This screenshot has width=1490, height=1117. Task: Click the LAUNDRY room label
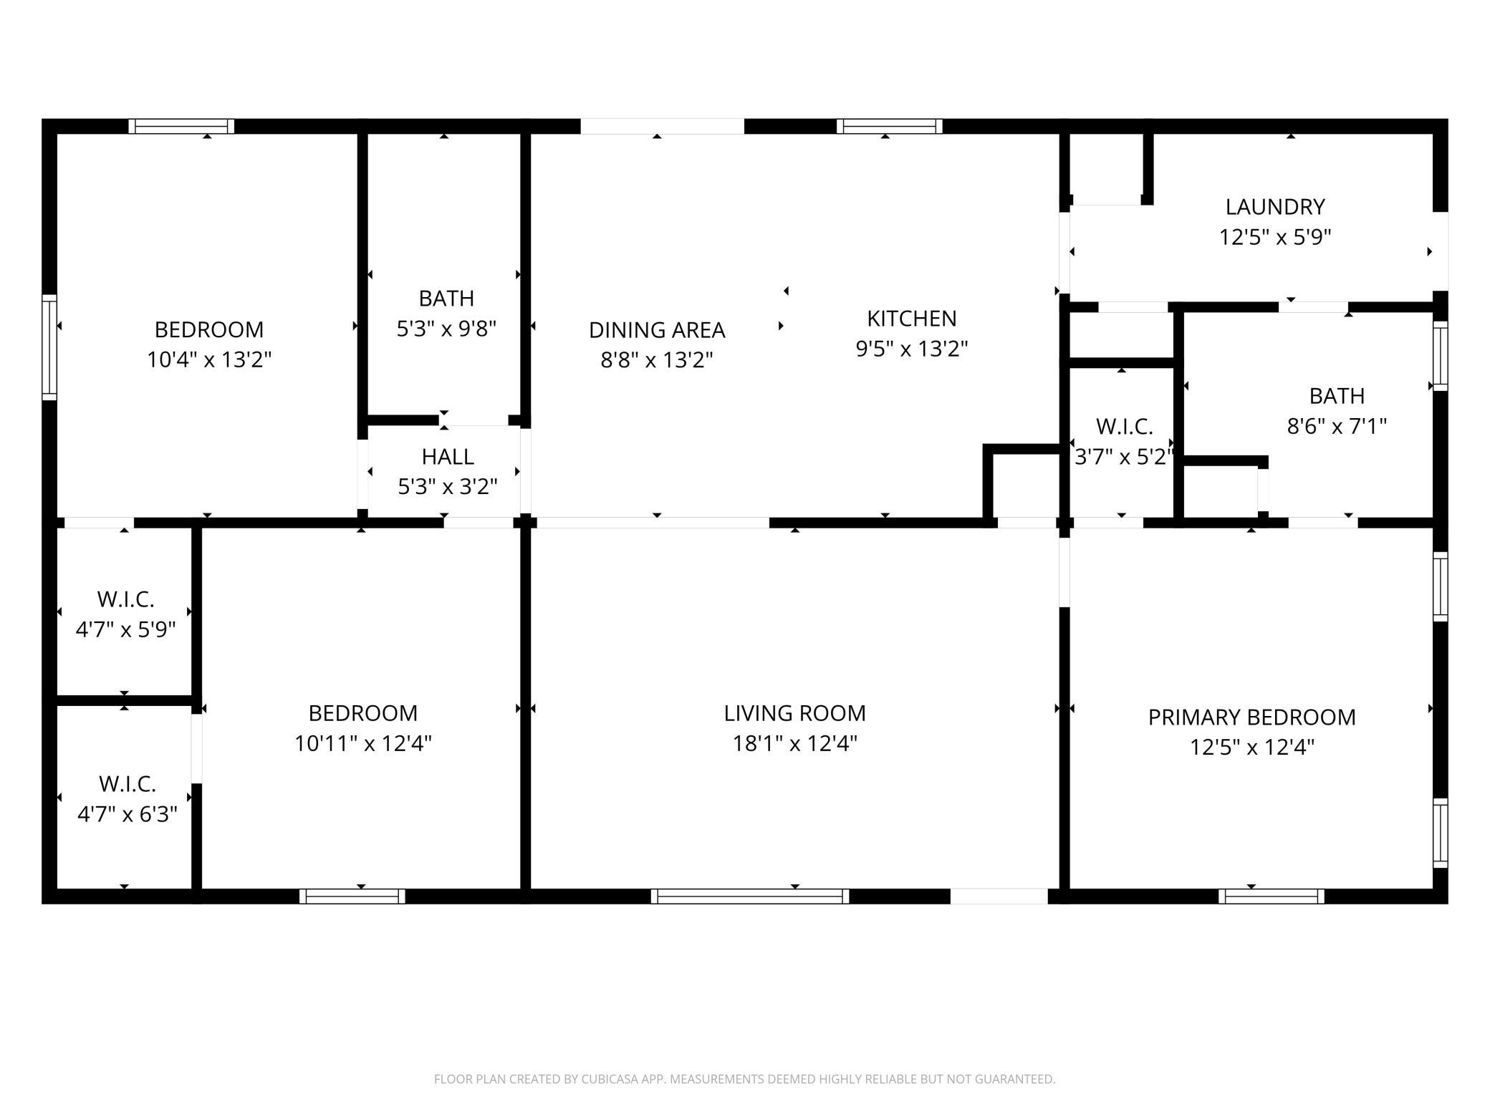pyautogui.click(x=1274, y=207)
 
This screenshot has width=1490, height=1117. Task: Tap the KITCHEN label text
pyautogui.click(x=911, y=319)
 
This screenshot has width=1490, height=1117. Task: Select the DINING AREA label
pyautogui.click(x=657, y=330)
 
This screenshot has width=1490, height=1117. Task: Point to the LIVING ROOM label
pyautogui.click(x=794, y=713)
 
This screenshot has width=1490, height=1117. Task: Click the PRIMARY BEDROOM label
pyautogui.click(x=1251, y=717)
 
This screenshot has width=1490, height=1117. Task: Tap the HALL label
pyautogui.click(x=448, y=457)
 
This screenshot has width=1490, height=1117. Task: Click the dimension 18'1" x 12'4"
pyautogui.click(x=794, y=744)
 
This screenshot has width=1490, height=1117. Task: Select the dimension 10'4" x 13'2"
pyautogui.click(x=209, y=359)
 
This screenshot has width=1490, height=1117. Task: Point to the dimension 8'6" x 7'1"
pyautogui.click(x=1337, y=427)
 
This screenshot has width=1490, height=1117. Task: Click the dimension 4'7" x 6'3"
pyautogui.click(x=127, y=815)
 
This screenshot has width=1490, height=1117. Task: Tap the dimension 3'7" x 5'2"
pyautogui.click(x=1124, y=457)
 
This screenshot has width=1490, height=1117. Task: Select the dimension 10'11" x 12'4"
pyautogui.click(x=362, y=744)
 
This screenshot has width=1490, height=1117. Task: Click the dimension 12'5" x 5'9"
pyautogui.click(x=1275, y=237)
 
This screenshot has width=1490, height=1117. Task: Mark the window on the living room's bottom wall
pyautogui.click(x=750, y=896)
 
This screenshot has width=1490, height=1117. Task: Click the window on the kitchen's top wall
pyautogui.click(x=889, y=127)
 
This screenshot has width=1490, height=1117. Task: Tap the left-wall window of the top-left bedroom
pyautogui.click(x=49, y=347)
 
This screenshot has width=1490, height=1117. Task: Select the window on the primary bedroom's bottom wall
pyautogui.click(x=1272, y=896)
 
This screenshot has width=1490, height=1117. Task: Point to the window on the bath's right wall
pyautogui.click(x=1440, y=357)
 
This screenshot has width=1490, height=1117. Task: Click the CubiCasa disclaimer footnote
pyautogui.click(x=744, y=1079)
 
